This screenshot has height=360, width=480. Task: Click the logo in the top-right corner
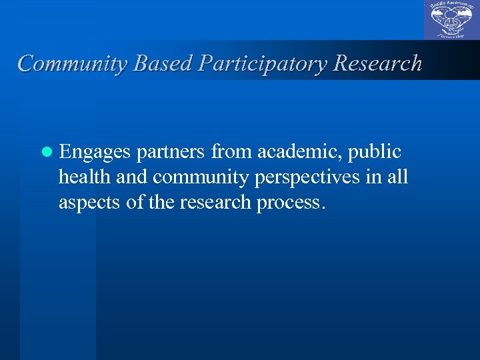451,21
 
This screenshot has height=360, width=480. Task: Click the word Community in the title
73,63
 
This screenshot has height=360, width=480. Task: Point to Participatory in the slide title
260,63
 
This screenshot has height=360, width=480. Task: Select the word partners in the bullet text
171,153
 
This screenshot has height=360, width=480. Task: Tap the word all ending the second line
398,178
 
